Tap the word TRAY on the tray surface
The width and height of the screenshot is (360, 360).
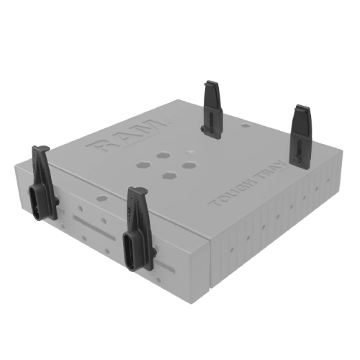[x=271, y=172]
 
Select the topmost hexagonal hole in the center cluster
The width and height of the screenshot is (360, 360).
[x=163, y=156]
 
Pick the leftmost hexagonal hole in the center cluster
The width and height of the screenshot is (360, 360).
[x=143, y=165]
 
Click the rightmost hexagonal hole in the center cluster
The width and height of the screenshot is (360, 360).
[x=189, y=165]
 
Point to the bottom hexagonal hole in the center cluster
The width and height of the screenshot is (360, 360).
[x=169, y=176]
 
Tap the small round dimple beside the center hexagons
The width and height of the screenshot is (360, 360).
[x=191, y=153]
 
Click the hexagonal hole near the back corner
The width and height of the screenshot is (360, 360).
[x=245, y=125]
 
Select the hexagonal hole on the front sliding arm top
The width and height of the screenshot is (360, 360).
[x=102, y=198]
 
